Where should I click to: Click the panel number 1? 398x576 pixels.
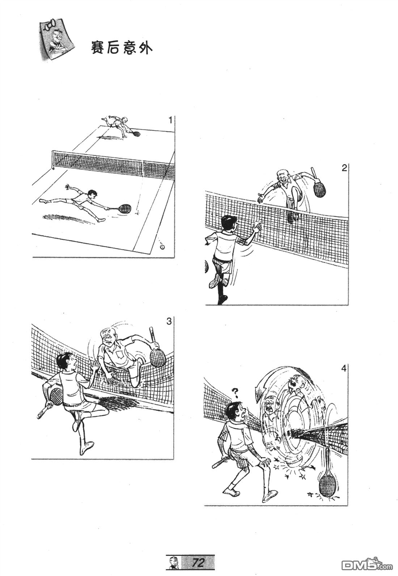pos(170,120)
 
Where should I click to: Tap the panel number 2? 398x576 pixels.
pos(344,168)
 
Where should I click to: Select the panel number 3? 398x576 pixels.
pos(169,321)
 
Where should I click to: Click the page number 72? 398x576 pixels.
pos(198,563)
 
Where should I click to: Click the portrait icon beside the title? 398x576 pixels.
pos(57,41)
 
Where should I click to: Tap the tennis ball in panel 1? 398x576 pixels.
pos(162,247)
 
